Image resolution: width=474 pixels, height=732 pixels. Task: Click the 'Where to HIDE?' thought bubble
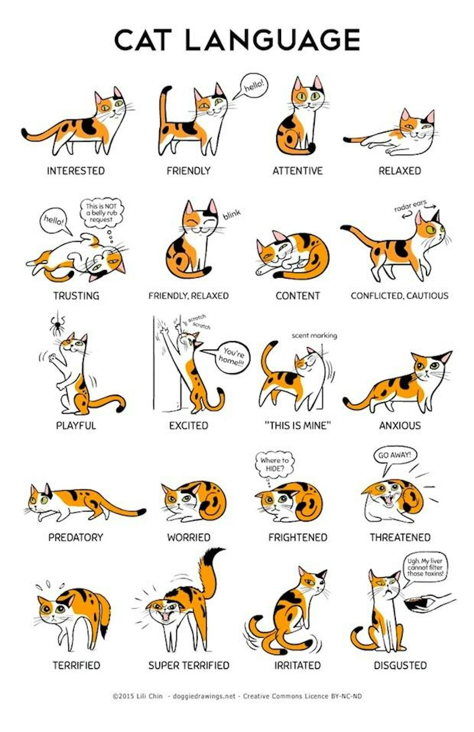coord(274,464)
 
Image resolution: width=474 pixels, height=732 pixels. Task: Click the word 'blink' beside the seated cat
coord(232,215)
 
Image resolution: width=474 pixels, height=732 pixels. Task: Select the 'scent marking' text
coord(314,335)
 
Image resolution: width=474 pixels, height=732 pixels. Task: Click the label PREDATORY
coord(75,537)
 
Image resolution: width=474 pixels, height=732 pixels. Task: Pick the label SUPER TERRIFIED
coord(189,665)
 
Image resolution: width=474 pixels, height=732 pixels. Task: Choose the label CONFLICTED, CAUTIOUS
coord(399,296)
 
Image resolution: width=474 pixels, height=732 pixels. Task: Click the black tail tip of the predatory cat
coord(141,512)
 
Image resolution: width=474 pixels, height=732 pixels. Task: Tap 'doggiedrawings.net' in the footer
coord(204,696)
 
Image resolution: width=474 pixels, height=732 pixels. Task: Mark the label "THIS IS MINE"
coord(297,425)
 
